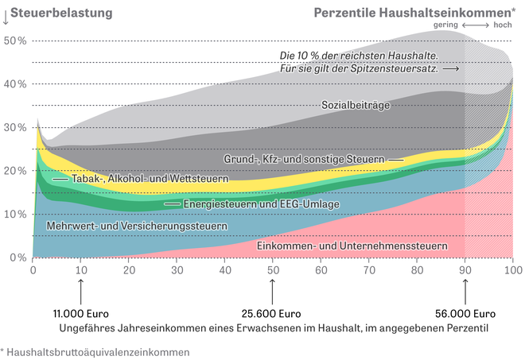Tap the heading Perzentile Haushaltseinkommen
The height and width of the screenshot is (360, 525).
[413, 12]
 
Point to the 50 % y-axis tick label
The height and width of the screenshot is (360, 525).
[16, 41]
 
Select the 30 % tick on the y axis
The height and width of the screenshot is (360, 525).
[16, 127]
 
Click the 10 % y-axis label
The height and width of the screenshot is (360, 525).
[16, 215]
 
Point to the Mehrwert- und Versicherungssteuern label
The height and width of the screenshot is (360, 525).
[138, 226]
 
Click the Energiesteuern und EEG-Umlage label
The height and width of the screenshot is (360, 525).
[262, 204]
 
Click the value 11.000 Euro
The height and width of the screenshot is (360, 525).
[81, 312]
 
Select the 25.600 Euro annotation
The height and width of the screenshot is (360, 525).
[273, 312]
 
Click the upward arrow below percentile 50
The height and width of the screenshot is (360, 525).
[273, 289]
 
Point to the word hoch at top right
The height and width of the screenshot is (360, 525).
[502, 25]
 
